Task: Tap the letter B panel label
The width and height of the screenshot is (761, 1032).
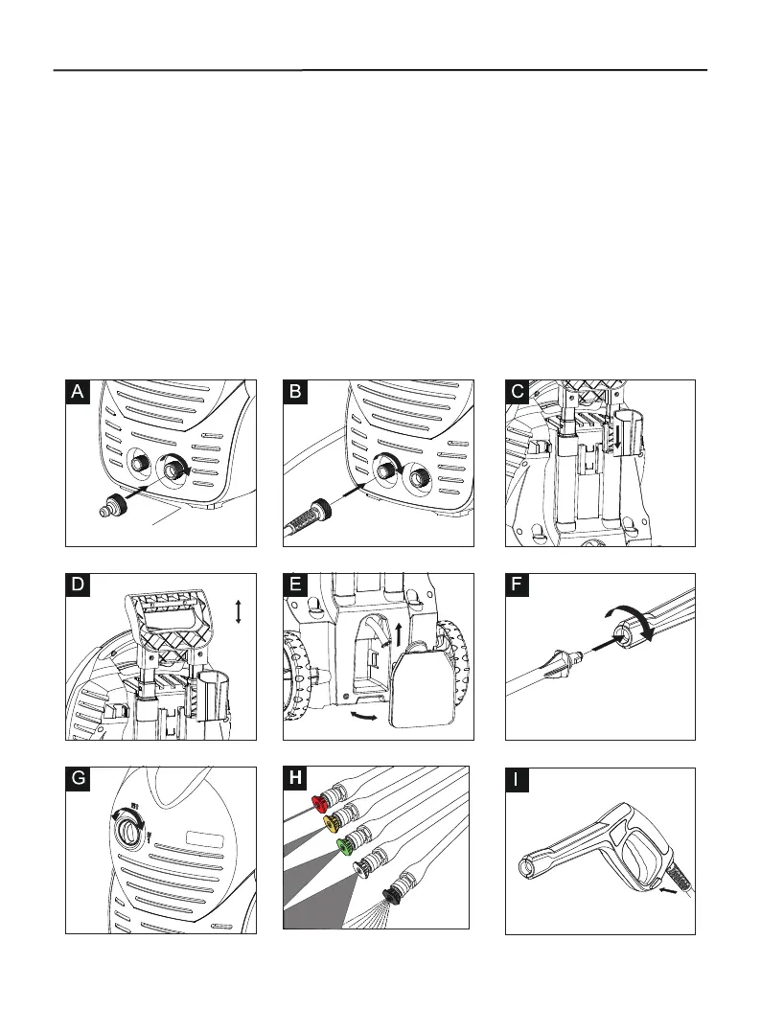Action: coord(297,392)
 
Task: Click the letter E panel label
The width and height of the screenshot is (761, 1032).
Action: coord(297,585)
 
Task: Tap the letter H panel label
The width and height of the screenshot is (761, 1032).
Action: coord(297,779)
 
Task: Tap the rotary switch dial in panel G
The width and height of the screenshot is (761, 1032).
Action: coord(126,833)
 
